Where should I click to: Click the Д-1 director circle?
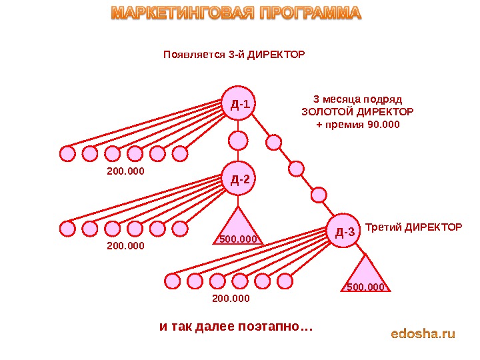[238, 103]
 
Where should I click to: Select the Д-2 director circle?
[238, 179]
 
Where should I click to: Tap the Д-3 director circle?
[344, 231]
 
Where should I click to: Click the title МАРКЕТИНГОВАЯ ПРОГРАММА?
[235, 13]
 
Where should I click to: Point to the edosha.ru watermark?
[423, 333]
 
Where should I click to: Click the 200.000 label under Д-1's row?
[125, 171]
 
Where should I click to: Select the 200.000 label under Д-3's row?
[231, 298]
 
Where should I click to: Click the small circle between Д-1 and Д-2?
[238, 141]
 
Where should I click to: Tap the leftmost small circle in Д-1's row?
[67, 154]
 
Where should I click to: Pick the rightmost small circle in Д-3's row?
[285, 281]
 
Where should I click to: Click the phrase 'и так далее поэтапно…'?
[236, 327]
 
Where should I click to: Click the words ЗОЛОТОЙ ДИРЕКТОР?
[357, 111]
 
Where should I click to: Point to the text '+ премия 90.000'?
[357, 124]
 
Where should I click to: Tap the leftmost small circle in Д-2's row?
[67, 229]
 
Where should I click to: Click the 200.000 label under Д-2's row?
[125, 246]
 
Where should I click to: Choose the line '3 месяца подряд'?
[357, 99]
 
